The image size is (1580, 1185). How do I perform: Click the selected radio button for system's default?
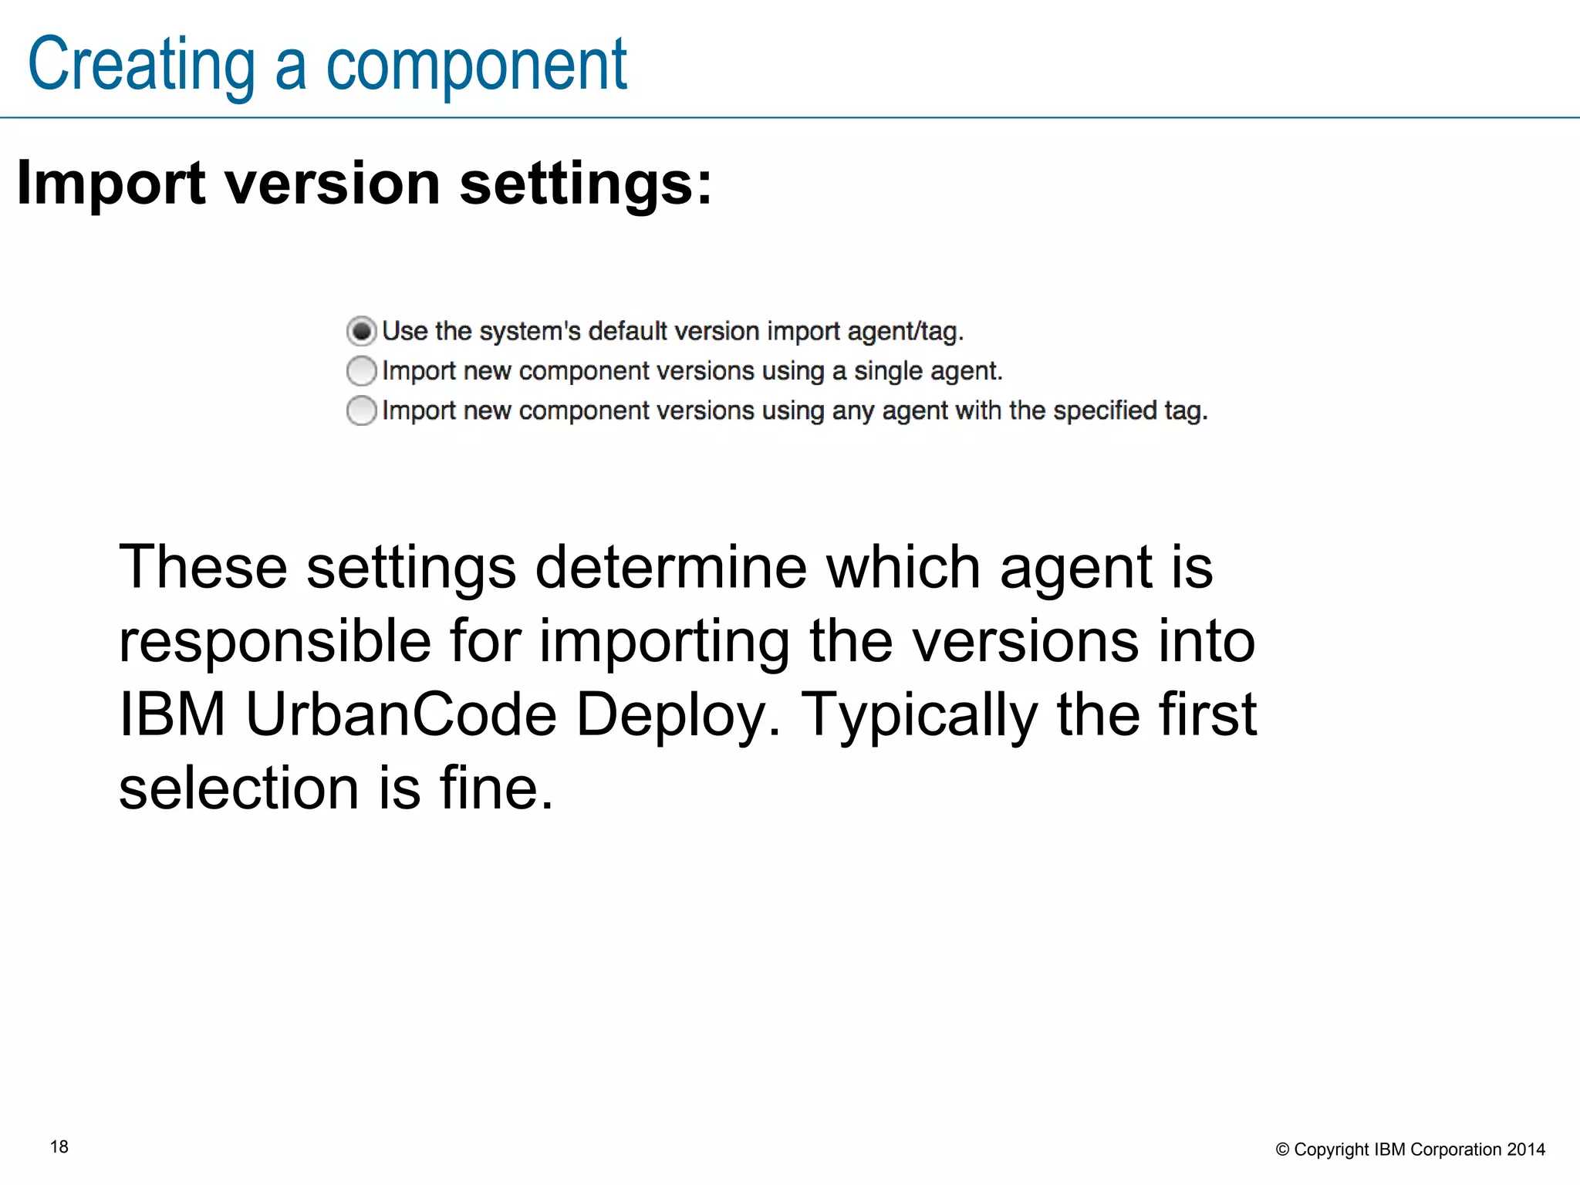tap(361, 331)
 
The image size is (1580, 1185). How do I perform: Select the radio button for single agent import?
tap(361, 371)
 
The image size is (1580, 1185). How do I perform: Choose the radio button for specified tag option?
tap(361, 410)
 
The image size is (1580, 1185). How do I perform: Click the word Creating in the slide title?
tap(141, 66)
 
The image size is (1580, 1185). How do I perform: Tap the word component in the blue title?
tap(476, 66)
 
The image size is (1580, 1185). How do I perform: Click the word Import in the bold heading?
tap(111, 184)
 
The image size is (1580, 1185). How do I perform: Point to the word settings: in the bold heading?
tap(586, 184)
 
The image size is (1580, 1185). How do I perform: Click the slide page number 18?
tap(59, 1147)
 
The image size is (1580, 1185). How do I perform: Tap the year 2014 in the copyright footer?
tap(1526, 1150)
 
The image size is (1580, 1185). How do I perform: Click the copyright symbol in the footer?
tap(1282, 1150)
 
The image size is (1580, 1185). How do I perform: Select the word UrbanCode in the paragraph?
tap(401, 714)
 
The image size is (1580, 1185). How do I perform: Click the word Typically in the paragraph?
tap(919, 714)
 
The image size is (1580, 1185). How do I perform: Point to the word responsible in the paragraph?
tap(275, 641)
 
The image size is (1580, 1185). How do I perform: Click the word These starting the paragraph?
tap(203, 567)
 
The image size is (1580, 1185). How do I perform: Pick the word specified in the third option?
tap(1105, 410)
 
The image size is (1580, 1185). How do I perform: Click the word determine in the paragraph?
tap(671, 567)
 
